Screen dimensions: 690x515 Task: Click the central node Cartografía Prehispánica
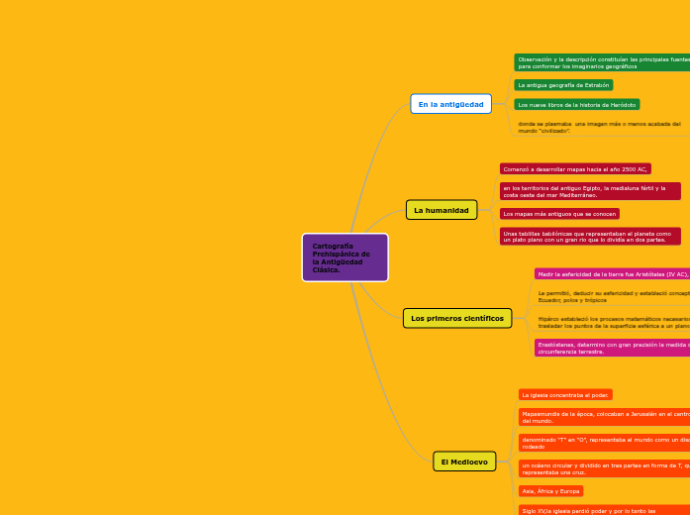click(x=345, y=257)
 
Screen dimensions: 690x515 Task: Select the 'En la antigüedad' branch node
click(x=450, y=104)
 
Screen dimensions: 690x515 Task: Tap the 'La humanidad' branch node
click(x=441, y=210)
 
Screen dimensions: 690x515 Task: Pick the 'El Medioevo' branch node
click(x=464, y=462)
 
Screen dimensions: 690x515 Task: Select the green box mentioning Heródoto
click(x=577, y=104)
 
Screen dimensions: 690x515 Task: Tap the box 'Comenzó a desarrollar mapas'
click(x=574, y=169)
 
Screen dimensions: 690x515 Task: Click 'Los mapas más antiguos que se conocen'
click(x=559, y=213)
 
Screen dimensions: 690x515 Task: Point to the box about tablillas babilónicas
click(x=590, y=236)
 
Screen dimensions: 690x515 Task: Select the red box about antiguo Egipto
click(x=590, y=191)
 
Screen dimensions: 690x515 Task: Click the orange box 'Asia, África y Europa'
click(x=550, y=490)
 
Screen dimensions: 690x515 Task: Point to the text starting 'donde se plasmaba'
click(x=599, y=127)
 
